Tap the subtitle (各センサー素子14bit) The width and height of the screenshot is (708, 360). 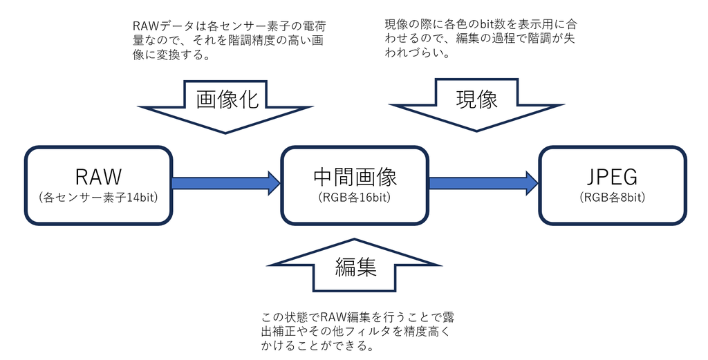pos(98,198)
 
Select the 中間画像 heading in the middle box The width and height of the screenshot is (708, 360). pos(355,177)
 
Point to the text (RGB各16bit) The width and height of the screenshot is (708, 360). pos(355,198)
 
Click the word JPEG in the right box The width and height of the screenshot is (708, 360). pos(613,177)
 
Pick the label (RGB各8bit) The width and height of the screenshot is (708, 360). pos(613,198)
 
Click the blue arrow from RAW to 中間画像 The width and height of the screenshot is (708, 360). pos(225,183)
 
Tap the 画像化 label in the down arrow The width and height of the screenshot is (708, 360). pos(227,100)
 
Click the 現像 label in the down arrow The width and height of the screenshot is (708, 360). pos(477,100)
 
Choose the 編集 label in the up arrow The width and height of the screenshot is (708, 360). pos(356,267)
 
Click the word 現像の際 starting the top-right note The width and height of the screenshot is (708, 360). pos(410,25)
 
